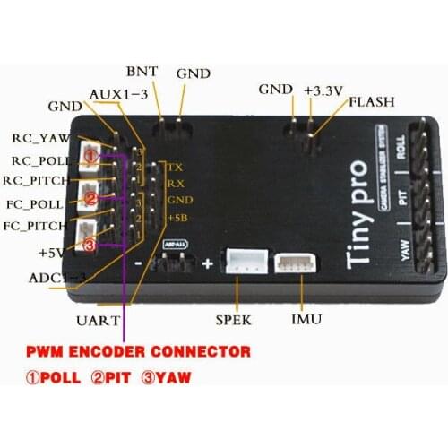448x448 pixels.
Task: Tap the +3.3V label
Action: [321, 90]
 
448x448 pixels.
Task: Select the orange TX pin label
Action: [177, 168]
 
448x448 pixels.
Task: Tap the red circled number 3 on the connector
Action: [90, 243]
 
